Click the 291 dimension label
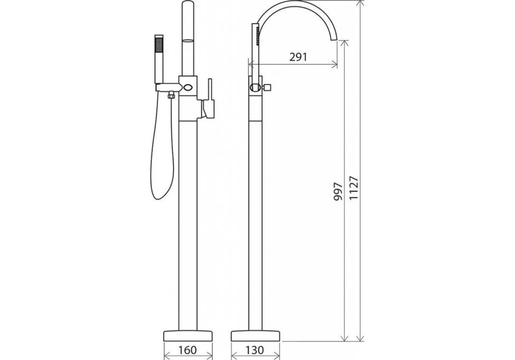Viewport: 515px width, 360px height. point(298,57)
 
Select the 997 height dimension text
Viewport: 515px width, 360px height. point(338,192)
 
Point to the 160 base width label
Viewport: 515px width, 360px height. point(188,350)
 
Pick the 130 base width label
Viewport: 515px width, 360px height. point(255,350)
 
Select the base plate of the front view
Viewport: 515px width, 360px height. point(188,336)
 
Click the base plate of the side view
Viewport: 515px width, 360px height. point(256,336)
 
